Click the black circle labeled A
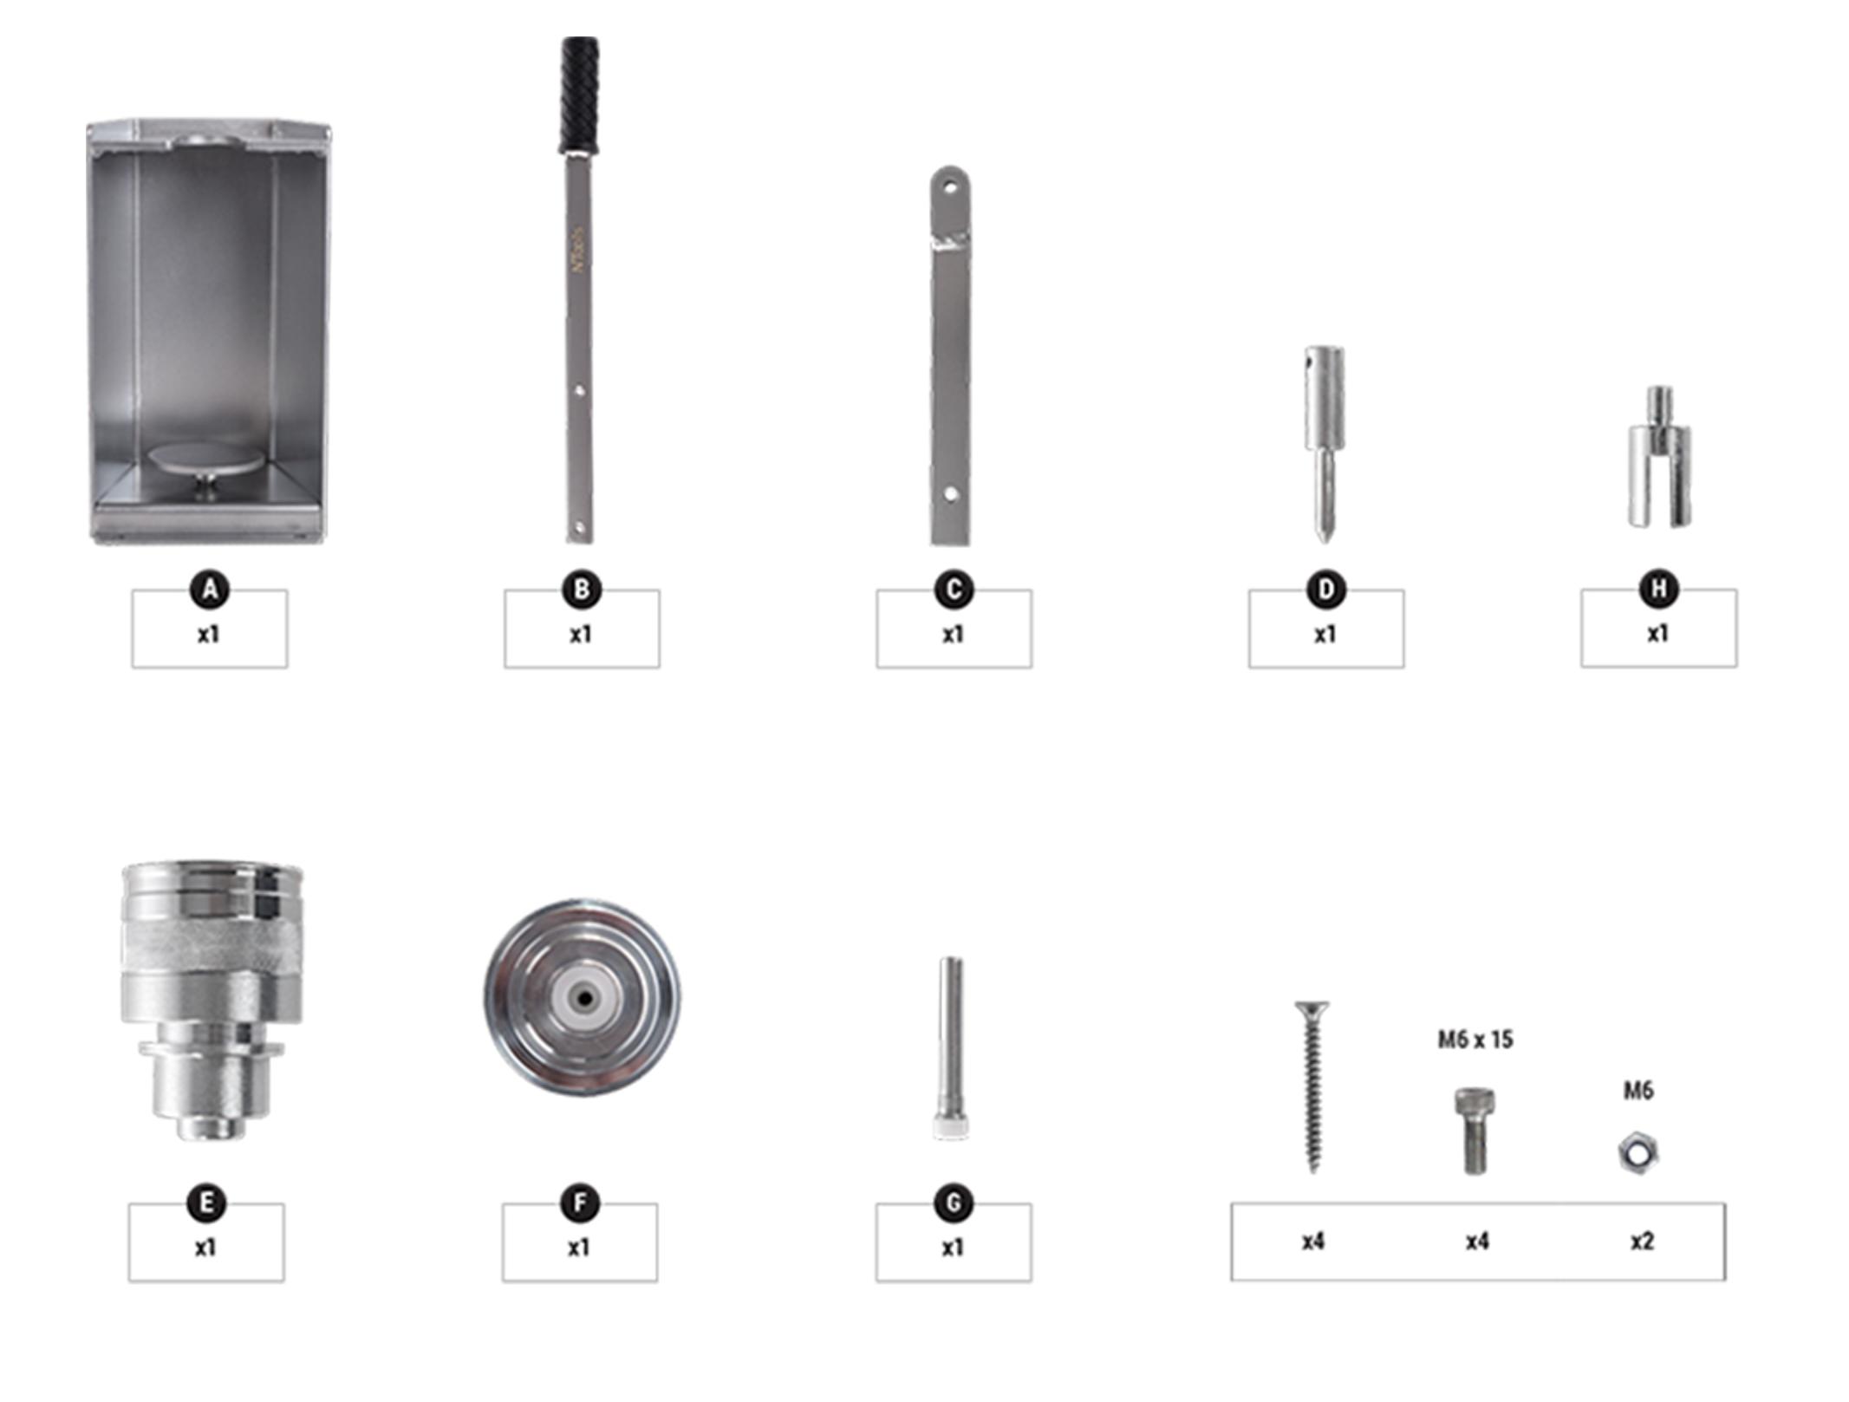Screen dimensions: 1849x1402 [x=210, y=590]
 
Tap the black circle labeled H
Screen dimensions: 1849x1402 [x=1658, y=590]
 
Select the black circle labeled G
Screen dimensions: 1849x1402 [x=954, y=1203]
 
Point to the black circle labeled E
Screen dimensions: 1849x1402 [x=206, y=1203]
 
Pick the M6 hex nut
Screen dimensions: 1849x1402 [x=1638, y=1152]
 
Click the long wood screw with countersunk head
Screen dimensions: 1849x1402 [x=1312, y=1087]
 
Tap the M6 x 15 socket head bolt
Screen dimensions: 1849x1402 [x=1474, y=1131]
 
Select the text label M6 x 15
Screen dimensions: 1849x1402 [x=1475, y=1039]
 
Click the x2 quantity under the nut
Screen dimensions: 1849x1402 [x=1642, y=1242]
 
